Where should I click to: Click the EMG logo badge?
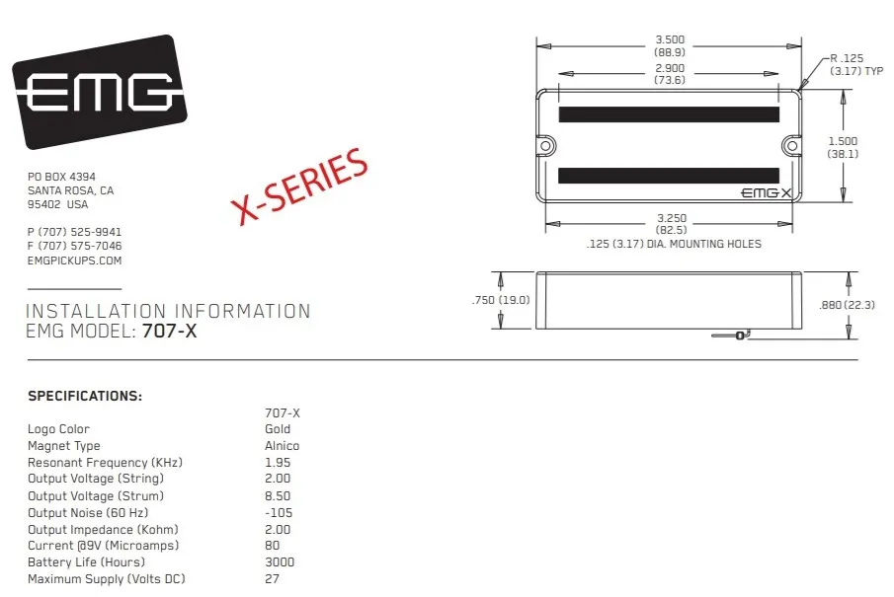tap(100, 92)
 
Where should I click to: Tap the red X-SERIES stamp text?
tap(300, 186)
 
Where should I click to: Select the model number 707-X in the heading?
tap(169, 331)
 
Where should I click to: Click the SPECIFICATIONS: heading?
tap(85, 396)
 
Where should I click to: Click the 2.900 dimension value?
tap(670, 68)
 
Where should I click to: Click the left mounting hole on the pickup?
tap(545, 146)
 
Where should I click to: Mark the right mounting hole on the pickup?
tap(792, 146)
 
